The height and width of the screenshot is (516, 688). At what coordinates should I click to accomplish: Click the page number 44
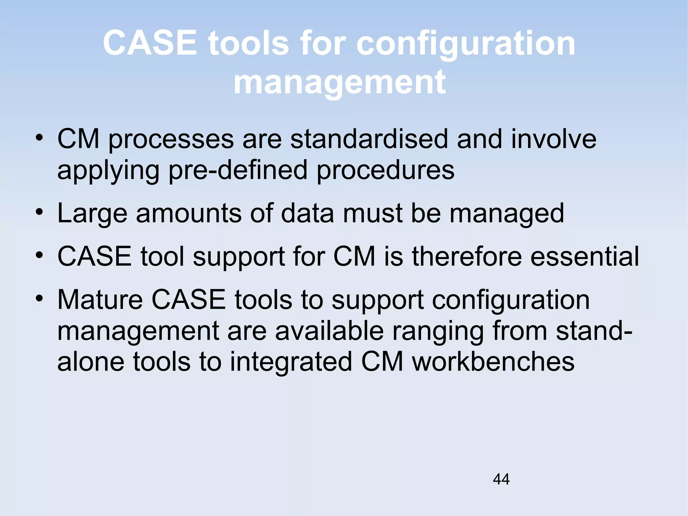(x=501, y=479)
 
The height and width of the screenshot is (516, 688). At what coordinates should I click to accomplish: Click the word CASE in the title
(x=149, y=43)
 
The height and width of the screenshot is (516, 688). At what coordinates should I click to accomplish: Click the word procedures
(x=385, y=170)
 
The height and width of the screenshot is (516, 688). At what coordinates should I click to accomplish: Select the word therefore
(x=467, y=256)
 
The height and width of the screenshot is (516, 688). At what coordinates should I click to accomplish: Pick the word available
(x=329, y=331)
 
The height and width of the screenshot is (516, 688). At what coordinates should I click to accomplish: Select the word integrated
(x=291, y=362)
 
